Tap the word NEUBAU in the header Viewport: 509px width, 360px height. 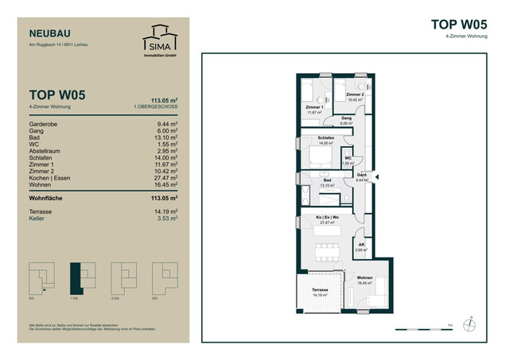click(49, 33)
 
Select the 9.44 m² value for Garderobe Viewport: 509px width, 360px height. click(167, 125)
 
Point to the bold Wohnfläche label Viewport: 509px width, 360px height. click(51, 198)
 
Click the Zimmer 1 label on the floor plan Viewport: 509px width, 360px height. click(315, 107)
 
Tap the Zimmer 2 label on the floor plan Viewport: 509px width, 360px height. click(355, 95)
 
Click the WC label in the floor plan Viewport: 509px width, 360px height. click(348, 158)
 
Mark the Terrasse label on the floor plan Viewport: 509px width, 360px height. click(320, 291)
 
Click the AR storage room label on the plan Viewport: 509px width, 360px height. click(361, 245)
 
